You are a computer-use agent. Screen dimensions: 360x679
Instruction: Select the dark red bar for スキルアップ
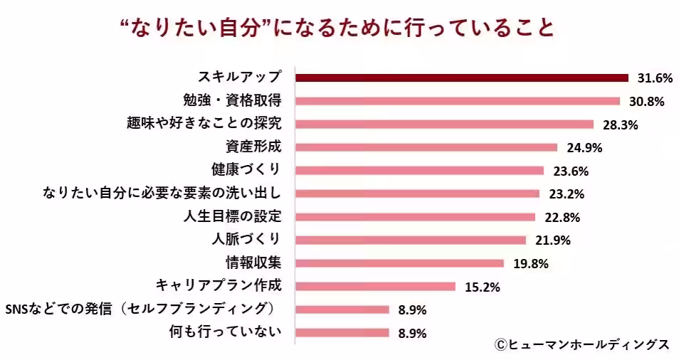tap(462, 78)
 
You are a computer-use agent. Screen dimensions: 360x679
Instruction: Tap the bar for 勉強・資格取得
tap(458, 101)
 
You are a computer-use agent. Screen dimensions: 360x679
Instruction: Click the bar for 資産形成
tap(426, 147)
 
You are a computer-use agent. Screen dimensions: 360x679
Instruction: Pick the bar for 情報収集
tap(399, 263)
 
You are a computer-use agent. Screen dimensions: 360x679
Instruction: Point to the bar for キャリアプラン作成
tap(375, 287)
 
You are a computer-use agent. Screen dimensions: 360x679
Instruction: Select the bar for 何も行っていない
tap(342, 332)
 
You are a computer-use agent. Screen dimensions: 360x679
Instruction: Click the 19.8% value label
tap(530, 264)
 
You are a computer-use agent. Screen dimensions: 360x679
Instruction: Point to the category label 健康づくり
tap(246, 170)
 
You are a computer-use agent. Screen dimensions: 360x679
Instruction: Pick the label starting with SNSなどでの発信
tap(141, 309)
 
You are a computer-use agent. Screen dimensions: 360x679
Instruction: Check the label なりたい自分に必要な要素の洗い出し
tap(162, 193)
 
